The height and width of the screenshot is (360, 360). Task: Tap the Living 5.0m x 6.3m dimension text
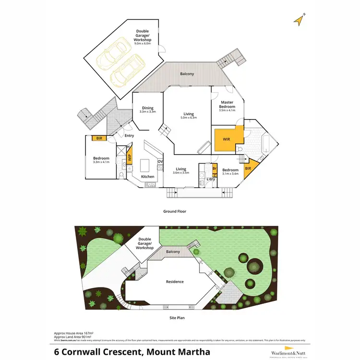point(188,118)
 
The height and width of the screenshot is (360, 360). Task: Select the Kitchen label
point(148,177)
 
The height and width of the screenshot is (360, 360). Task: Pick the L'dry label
point(210,179)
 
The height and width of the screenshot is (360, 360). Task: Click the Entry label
point(129,135)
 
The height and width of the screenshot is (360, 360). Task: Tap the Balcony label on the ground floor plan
point(187,74)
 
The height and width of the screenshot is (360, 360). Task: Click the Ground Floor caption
point(174,211)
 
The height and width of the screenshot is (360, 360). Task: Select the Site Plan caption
point(175,318)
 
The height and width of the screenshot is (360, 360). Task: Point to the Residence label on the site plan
point(175,282)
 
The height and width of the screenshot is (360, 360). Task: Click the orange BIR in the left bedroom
point(100,138)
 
